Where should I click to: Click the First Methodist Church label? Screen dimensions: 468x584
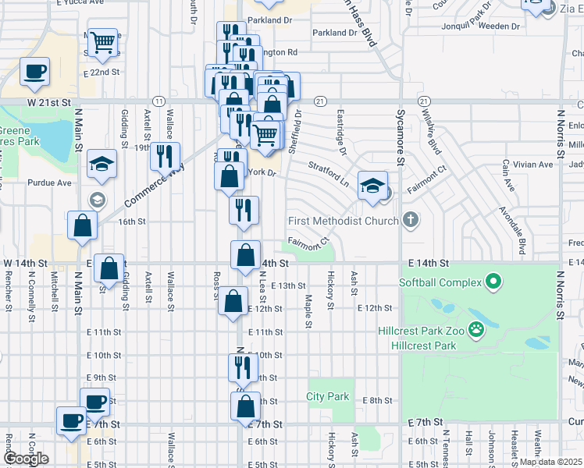tap(344, 221)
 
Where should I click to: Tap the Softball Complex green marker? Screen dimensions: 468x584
tap(493, 282)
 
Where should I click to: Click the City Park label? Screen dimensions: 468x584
tap(328, 396)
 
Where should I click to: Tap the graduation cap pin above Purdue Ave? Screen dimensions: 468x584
tap(101, 163)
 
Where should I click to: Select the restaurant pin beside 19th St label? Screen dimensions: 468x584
tap(165, 156)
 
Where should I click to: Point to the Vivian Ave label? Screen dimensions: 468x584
tap(534, 165)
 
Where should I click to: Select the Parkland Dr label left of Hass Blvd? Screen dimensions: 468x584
tap(333, 33)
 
